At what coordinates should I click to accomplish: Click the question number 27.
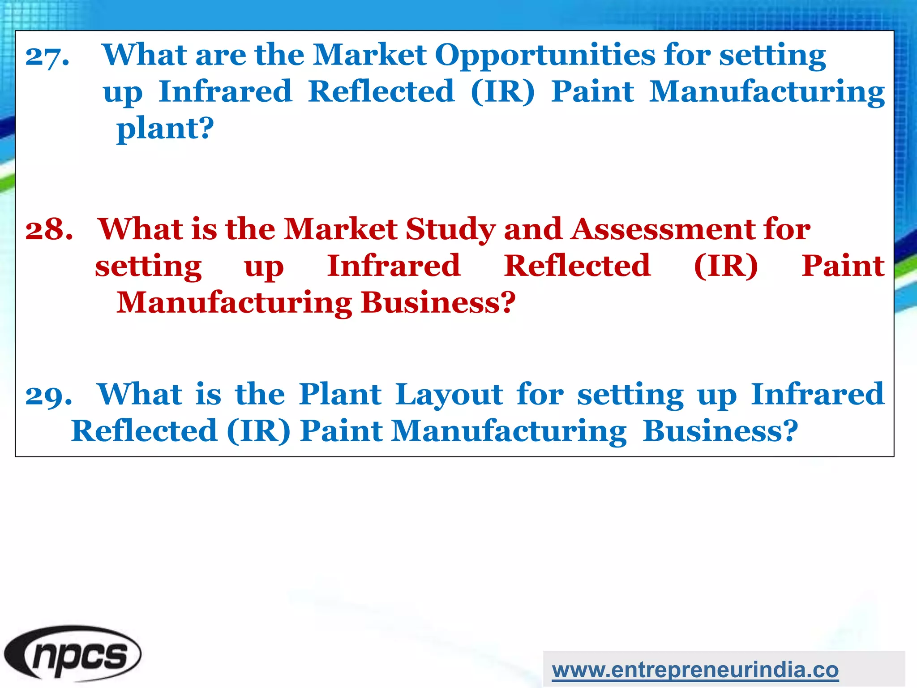47,57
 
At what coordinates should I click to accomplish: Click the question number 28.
49,229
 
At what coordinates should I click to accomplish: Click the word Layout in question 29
449,395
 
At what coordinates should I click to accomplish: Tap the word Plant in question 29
340,394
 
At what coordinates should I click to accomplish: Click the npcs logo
73,655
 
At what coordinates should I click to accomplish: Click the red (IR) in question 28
725,266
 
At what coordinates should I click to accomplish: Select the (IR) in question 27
502,92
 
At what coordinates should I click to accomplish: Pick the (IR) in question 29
259,431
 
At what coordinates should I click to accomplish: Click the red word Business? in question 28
438,302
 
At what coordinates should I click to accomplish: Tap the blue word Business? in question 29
720,431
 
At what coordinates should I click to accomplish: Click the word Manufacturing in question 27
767,93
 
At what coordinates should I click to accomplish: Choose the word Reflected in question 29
144,431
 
